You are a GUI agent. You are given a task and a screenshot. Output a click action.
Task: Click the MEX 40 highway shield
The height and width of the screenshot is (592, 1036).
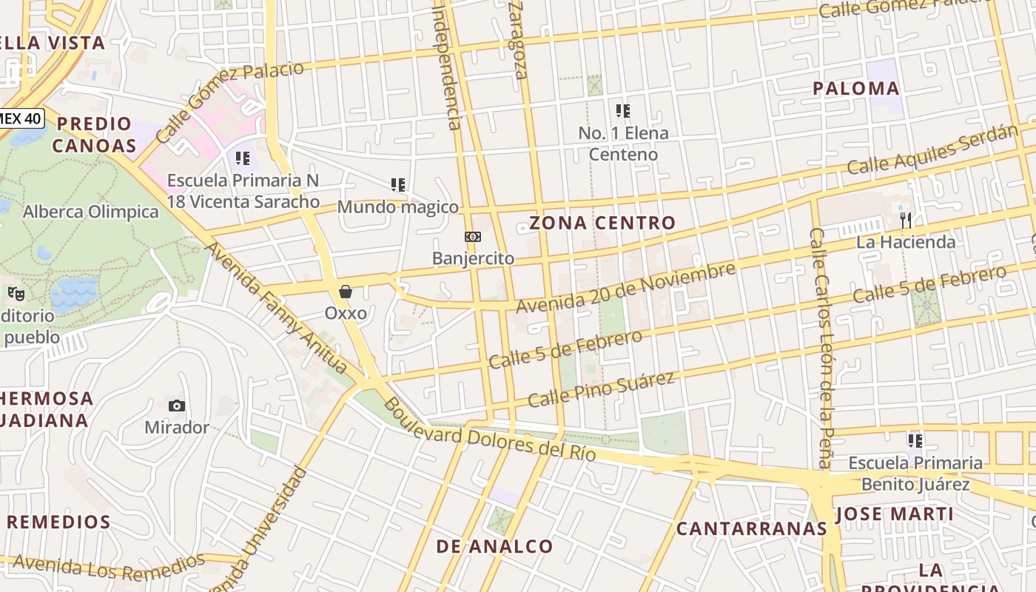pyautogui.click(x=21, y=117)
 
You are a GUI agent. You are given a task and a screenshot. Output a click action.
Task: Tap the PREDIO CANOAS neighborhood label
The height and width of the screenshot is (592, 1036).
pyautogui.click(x=94, y=135)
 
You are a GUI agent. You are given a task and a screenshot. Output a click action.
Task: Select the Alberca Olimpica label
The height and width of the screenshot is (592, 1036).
pyautogui.click(x=90, y=212)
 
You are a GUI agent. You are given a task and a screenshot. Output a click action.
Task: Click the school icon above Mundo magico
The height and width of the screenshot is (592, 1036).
pyautogui.click(x=398, y=185)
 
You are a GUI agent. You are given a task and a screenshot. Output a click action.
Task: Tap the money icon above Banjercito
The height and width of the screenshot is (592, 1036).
pyautogui.click(x=473, y=237)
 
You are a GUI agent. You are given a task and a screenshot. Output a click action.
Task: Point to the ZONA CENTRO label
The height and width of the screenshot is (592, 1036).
pyautogui.click(x=602, y=223)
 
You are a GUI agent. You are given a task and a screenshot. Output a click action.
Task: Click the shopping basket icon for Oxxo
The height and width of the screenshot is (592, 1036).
pyautogui.click(x=346, y=292)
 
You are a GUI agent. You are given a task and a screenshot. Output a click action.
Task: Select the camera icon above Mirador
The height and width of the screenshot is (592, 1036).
pyautogui.click(x=176, y=406)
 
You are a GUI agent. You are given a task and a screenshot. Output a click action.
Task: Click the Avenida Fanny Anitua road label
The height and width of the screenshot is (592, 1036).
pyautogui.click(x=276, y=308)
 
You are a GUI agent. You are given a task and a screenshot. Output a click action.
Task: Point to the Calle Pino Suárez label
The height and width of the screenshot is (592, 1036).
pyautogui.click(x=602, y=389)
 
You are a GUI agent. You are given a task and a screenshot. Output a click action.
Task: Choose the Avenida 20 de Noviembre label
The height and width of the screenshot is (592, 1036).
pyautogui.click(x=626, y=288)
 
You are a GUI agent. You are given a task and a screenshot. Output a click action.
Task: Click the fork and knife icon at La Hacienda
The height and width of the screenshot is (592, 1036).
pyautogui.click(x=905, y=220)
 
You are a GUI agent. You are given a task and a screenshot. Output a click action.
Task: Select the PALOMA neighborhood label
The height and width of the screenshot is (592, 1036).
pyautogui.click(x=856, y=89)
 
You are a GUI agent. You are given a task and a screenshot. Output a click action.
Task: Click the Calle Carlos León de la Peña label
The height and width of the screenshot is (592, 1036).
pyautogui.click(x=822, y=348)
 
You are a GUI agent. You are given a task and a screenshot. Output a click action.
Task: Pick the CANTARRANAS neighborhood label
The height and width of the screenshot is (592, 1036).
pyautogui.click(x=751, y=528)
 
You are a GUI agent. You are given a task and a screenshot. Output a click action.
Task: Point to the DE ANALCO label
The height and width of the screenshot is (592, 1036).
pyautogui.click(x=494, y=547)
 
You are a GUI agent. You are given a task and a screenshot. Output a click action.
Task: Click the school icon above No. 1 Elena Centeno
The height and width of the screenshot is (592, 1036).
pyautogui.click(x=623, y=111)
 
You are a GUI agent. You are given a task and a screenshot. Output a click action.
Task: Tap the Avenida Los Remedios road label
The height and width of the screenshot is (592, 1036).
pyautogui.click(x=108, y=568)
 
